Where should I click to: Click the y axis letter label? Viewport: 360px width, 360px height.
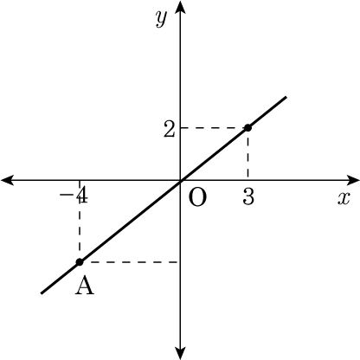coord(161,19)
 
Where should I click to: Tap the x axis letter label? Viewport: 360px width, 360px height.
coord(344,198)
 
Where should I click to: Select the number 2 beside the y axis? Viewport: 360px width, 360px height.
coord(169,129)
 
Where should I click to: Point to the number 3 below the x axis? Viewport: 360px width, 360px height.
coord(248,197)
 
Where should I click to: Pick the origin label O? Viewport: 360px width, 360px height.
coord(197,198)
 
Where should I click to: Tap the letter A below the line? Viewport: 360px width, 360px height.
coord(85,286)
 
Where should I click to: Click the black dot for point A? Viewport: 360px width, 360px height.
coord(80,262)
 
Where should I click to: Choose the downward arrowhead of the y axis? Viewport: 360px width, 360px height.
coord(181,353)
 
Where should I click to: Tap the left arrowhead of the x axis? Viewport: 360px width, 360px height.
coord(7,180)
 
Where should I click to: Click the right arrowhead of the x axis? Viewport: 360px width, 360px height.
coord(353,180)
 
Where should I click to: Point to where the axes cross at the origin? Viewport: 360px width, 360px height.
coord(181,180)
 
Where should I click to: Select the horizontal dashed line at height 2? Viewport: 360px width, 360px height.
coord(213,127)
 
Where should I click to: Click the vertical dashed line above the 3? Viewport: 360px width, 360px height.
coord(247,154)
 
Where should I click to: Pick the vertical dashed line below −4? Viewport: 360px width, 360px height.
coord(80,221)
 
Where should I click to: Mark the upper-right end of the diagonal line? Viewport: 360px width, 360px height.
coord(286,97)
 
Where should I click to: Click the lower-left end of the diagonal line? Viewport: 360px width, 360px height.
coord(42,293)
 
